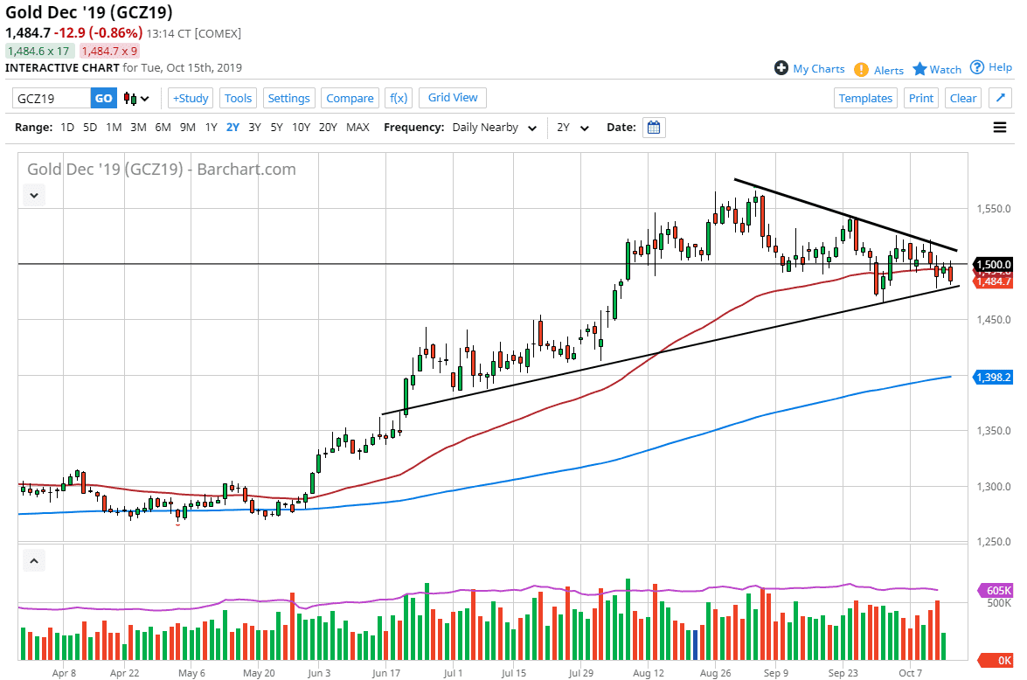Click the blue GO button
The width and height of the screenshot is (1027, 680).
click(104, 98)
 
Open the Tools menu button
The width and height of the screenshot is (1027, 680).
click(238, 98)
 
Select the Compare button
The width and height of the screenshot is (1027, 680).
click(350, 98)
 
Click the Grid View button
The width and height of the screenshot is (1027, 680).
click(453, 97)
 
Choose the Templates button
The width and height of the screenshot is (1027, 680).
click(865, 98)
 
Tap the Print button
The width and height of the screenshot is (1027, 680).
click(921, 98)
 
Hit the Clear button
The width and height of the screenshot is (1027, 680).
click(963, 98)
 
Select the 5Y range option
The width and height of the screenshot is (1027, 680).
click(276, 127)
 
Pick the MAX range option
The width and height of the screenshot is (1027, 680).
click(357, 127)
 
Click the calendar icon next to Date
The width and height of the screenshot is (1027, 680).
click(654, 128)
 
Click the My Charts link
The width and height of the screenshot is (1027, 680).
click(809, 68)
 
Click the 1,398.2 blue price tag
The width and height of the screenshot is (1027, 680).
click(994, 377)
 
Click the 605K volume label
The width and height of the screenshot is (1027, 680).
click(997, 590)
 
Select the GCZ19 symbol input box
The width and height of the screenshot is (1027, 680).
click(52, 98)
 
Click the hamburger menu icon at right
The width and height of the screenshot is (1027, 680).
click(1000, 128)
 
